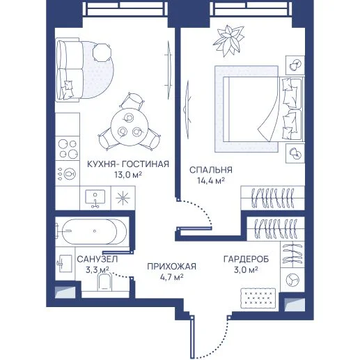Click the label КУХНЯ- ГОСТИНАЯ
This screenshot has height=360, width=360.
(128, 164)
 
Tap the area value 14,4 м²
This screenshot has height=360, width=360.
(211, 180)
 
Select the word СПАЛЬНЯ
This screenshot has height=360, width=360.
(211, 170)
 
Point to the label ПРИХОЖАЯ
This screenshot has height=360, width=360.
(171, 267)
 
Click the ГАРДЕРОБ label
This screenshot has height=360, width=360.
(246, 259)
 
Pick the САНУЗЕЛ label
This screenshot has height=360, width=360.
(97, 259)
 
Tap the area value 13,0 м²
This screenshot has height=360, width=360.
(128, 174)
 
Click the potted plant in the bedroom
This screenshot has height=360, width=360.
(229, 41)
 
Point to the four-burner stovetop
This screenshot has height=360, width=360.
(68, 149)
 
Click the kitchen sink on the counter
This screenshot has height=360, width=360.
(95, 198)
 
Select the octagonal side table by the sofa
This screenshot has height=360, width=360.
(102, 52)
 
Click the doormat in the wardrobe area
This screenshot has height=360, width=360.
(258, 298)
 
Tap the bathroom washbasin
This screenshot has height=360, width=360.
(64, 263)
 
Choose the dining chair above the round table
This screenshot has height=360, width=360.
(132, 101)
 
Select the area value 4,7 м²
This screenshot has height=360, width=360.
(171, 277)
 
